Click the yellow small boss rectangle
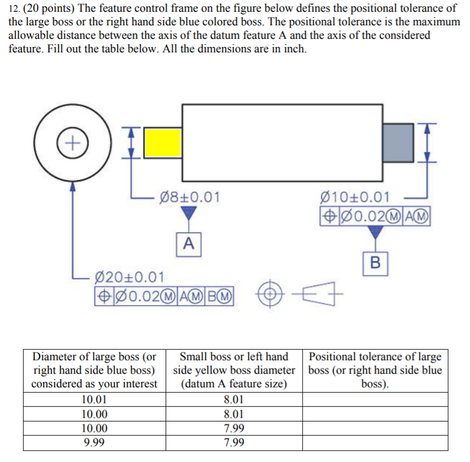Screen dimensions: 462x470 coord(163,142)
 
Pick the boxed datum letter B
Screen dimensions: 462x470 coord(375,262)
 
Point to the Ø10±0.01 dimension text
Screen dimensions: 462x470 coord(353,197)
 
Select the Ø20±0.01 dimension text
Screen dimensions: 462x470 coord(130,277)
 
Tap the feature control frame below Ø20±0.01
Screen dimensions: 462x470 coord(164,295)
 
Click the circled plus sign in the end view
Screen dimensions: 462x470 coord(71,142)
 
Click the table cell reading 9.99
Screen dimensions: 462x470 coord(94,443)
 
